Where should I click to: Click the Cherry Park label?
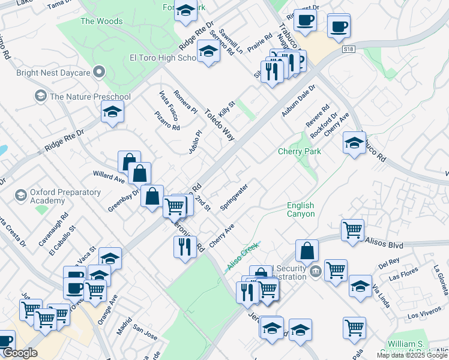click(x=300, y=151)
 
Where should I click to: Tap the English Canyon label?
click(x=300, y=210)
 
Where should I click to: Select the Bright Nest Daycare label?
click(x=54, y=73)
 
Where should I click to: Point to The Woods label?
click(x=101, y=22)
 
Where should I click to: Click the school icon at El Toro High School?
click(x=208, y=52)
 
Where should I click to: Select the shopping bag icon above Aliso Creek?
click(x=307, y=251)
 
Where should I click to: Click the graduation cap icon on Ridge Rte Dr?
click(x=112, y=112)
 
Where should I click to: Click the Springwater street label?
click(x=234, y=197)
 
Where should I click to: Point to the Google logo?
click(x=20, y=353)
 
